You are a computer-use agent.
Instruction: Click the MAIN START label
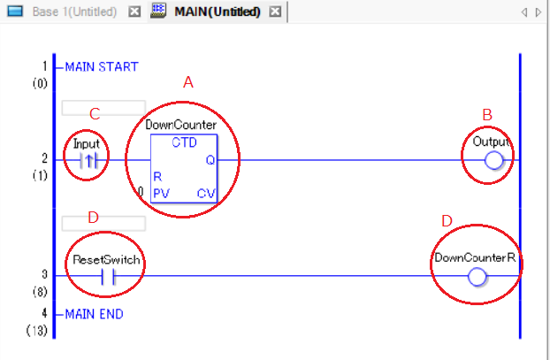point(102,66)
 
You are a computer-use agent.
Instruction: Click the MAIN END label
point(95,314)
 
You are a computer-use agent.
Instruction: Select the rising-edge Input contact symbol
point(88,161)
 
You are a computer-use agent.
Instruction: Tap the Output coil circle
point(493,160)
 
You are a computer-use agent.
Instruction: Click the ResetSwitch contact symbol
point(108,277)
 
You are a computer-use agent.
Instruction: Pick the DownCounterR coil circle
point(477,277)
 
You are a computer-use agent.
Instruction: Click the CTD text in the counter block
point(184,142)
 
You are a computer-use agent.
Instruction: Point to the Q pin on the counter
point(210,160)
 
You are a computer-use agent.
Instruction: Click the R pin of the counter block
point(157,177)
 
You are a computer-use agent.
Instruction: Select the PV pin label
point(161,194)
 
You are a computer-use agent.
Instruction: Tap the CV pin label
point(206,194)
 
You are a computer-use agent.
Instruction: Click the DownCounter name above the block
point(181,125)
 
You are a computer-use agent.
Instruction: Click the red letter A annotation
point(188,82)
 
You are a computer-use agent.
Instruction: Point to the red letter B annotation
point(487,115)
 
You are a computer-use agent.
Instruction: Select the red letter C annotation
point(95,114)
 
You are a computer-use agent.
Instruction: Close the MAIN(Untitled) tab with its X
point(275,11)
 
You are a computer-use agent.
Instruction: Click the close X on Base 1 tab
point(134,11)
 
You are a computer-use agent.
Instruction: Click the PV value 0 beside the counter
point(141,192)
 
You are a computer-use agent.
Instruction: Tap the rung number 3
point(44,274)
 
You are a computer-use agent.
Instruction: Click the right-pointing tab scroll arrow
point(539,12)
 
